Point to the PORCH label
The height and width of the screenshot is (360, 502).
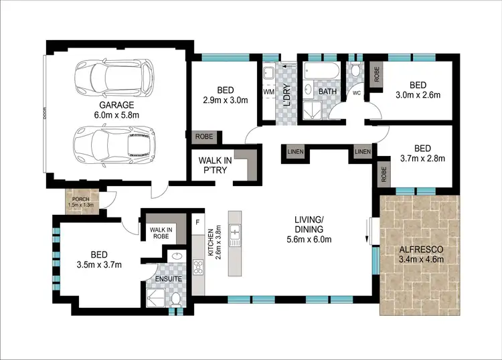82,199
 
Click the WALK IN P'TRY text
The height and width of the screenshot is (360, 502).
215,165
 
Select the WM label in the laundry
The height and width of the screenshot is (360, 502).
268,90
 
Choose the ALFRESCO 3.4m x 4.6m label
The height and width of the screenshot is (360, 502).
420,255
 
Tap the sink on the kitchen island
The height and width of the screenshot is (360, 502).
236,233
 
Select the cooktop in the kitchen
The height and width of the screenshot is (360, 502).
199,266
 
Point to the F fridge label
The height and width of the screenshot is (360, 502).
197,221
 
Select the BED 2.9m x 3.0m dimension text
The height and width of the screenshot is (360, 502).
226,101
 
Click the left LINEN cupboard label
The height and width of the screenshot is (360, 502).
292,152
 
